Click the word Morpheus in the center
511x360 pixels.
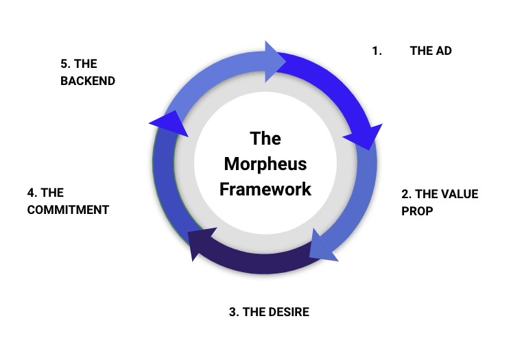(x=265, y=165)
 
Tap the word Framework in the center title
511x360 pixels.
(x=265, y=189)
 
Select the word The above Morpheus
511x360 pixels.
(x=265, y=139)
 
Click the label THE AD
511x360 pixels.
(x=431, y=51)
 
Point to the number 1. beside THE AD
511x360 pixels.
(x=377, y=51)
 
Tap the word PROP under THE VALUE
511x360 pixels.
(x=417, y=211)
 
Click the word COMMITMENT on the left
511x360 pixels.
(x=68, y=210)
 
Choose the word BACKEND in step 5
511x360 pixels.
(x=87, y=81)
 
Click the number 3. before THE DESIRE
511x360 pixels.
(x=234, y=313)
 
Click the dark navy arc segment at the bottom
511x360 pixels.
(x=257, y=261)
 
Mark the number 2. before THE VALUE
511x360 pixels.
(x=405, y=194)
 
